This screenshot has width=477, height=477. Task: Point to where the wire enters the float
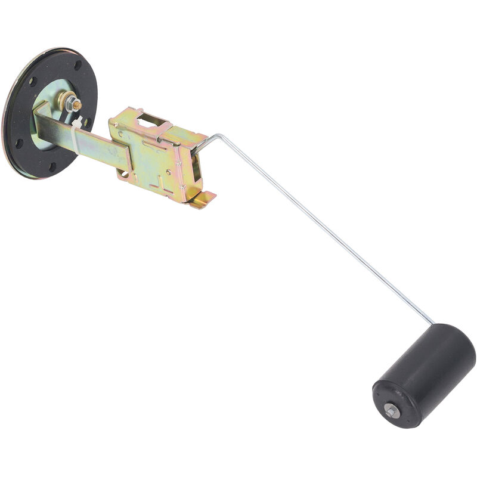click(x=434, y=323)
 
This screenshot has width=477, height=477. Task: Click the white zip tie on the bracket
click(x=76, y=134)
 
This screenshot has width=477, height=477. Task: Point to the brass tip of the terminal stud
click(x=64, y=98)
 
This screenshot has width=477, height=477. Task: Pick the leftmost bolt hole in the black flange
click(x=18, y=143)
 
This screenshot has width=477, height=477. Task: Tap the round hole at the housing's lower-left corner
click(x=124, y=174)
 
